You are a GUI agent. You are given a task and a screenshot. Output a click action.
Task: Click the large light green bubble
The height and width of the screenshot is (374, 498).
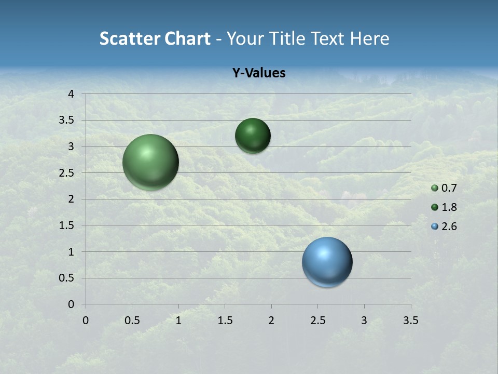click(150, 162)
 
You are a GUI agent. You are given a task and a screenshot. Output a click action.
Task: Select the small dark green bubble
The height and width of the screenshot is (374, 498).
click(253, 136)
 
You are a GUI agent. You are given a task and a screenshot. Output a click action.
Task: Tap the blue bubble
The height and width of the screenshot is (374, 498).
click(327, 262)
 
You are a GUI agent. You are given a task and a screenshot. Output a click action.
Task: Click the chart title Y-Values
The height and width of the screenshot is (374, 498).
click(258, 73)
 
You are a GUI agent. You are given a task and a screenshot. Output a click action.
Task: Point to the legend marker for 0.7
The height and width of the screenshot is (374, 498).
click(435, 188)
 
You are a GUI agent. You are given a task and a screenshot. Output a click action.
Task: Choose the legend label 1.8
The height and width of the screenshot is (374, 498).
click(449, 207)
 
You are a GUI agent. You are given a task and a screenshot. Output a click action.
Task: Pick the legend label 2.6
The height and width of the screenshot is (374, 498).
click(449, 226)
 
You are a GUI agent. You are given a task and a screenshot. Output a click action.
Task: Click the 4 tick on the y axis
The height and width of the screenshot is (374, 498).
click(72, 94)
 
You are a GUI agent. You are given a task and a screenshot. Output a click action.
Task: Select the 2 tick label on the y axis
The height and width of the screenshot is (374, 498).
click(72, 199)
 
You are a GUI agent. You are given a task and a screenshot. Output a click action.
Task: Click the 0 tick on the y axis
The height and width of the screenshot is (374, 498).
click(72, 304)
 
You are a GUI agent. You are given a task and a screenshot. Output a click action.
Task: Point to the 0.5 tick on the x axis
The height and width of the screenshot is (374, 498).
click(132, 320)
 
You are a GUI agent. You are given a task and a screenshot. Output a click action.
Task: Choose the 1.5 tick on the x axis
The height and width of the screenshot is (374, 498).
click(225, 320)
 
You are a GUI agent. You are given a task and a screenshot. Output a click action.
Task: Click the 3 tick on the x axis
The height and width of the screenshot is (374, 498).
click(364, 320)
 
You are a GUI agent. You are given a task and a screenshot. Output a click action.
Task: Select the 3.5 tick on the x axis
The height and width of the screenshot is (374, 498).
click(410, 320)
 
